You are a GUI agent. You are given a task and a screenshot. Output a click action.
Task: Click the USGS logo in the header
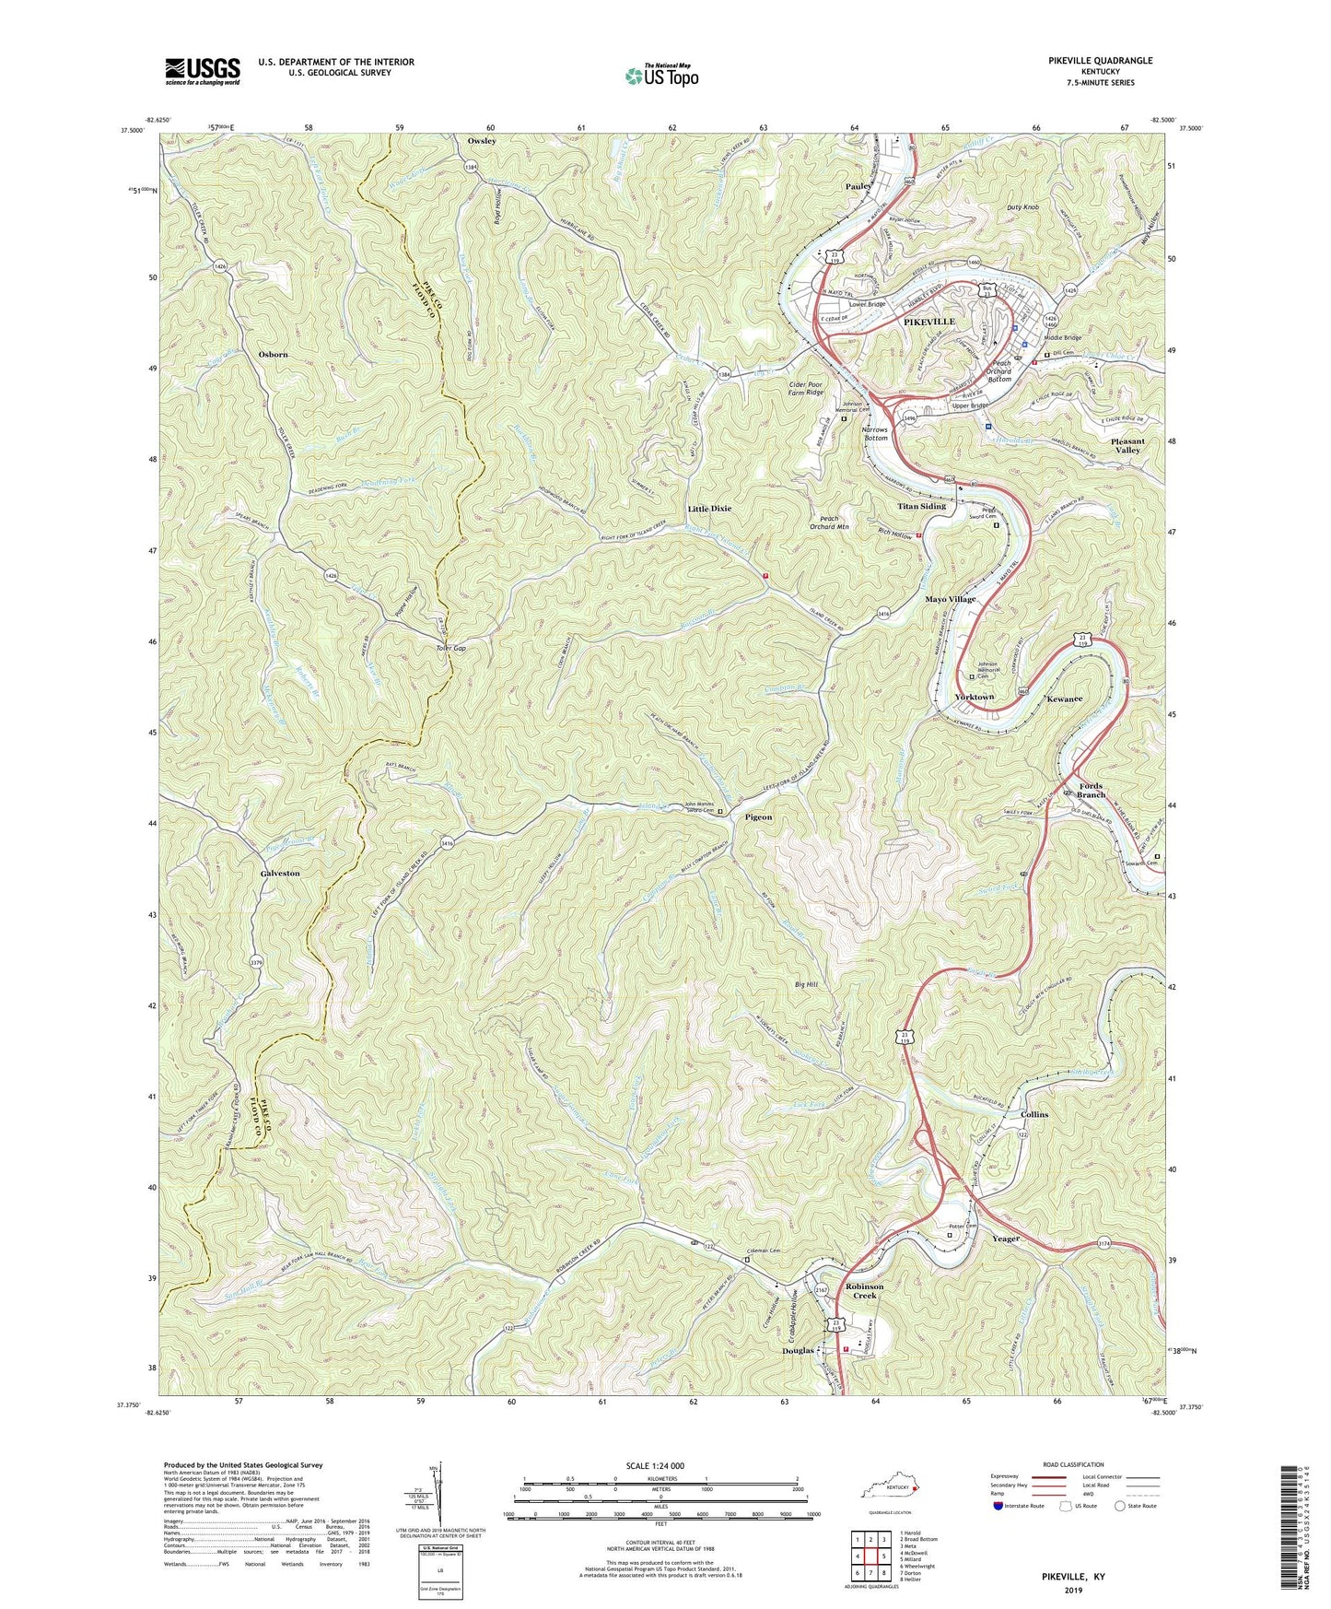[203, 70]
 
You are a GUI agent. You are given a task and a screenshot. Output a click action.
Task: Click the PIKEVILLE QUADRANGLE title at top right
[1100, 61]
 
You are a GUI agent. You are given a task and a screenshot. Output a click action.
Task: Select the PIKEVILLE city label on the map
[928, 322]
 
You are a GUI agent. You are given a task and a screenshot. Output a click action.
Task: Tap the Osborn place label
[274, 354]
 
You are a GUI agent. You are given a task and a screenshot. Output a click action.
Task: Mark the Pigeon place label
[758, 817]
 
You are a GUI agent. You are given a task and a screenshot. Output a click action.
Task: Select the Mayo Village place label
[950, 599]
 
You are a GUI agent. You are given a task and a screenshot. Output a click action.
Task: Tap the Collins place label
[1033, 1114]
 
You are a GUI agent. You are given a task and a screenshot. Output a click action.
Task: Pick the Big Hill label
[806, 985]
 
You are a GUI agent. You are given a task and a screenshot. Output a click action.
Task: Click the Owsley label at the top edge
[482, 141]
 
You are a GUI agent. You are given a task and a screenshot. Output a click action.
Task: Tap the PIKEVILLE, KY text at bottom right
[1072, 1577]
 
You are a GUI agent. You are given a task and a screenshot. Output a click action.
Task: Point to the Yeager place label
[1006, 1239]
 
